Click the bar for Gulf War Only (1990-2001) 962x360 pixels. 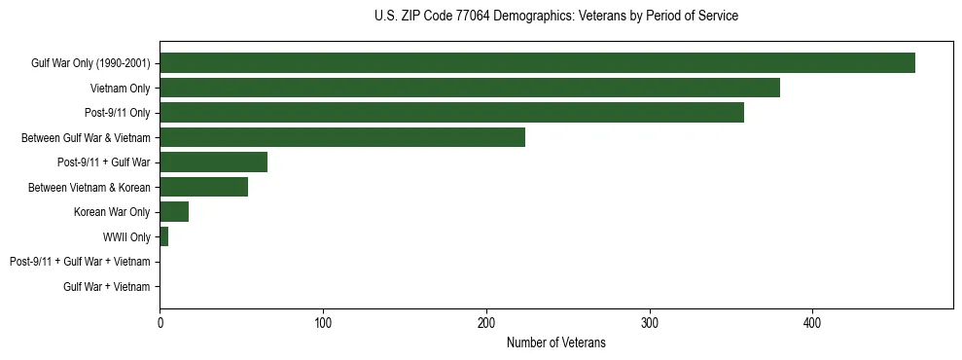click(x=537, y=63)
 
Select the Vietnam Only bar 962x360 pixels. click(x=470, y=88)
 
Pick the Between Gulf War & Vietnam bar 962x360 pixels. click(x=342, y=137)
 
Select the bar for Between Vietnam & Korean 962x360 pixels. click(x=203, y=187)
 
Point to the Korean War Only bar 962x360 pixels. click(x=174, y=212)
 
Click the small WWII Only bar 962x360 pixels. click(x=164, y=236)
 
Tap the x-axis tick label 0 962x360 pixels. click(x=160, y=322)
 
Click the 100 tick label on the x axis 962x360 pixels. click(x=323, y=322)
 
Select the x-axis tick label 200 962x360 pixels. click(x=486, y=322)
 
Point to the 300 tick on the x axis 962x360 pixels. click(x=650, y=322)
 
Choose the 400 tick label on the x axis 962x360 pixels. click(x=813, y=322)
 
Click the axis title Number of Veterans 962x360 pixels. click(x=555, y=342)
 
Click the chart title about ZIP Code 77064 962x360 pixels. click(x=555, y=17)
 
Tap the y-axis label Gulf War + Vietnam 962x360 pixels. click(x=106, y=287)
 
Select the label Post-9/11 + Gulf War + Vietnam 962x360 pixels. click(x=80, y=262)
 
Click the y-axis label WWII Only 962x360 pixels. click(x=126, y=236)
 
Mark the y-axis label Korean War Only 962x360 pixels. click(x=112, y=212)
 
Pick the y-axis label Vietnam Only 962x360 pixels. click(x=120, y=88)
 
